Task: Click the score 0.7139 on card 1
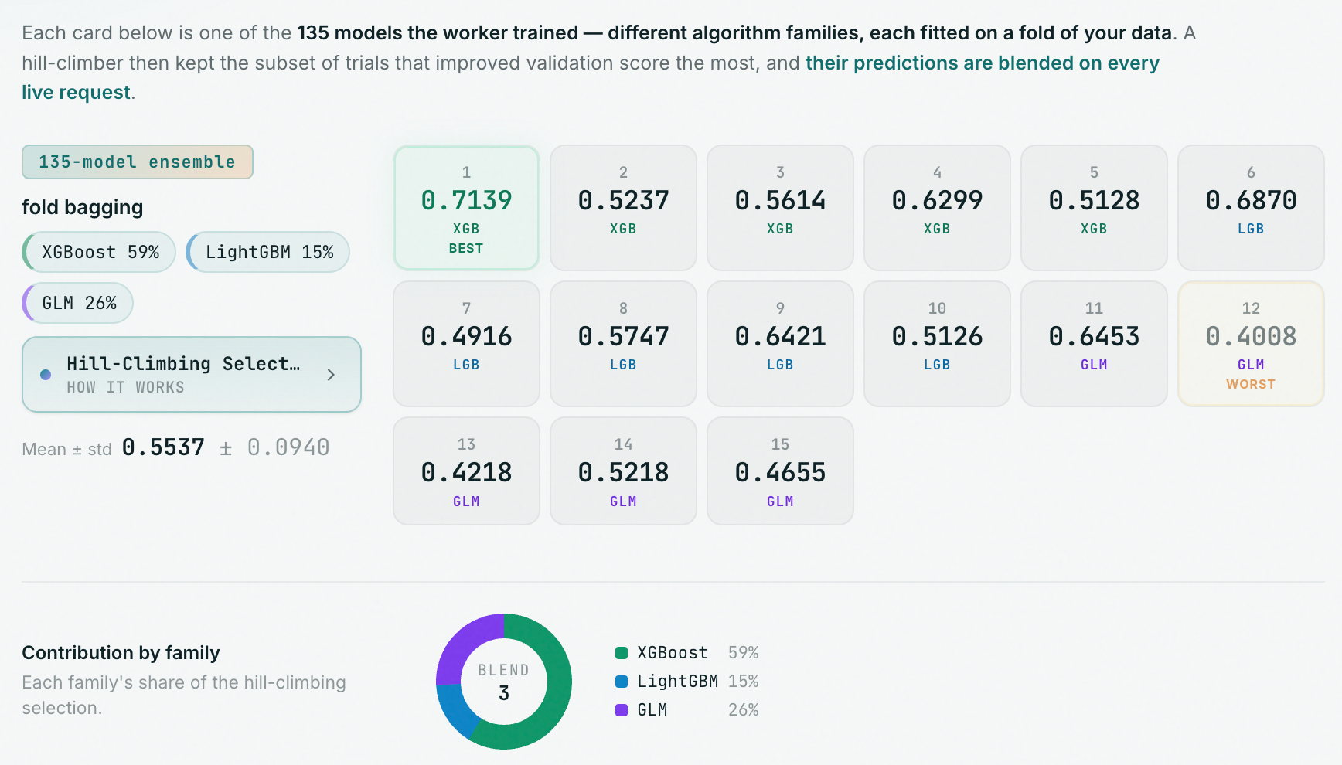(466, 201)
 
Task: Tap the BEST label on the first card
(466, 248)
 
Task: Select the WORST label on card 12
(1251, 384)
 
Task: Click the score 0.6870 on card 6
(1251, 201)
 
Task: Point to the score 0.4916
(466, 337)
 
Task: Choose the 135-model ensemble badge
(138, 161)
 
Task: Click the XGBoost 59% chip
(100, 252)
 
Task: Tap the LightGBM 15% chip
(268, 252)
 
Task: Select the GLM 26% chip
(78, 303)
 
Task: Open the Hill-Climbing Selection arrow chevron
(331, 375)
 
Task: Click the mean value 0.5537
(163, 447)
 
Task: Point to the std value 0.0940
(288, 447)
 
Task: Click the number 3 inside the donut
(504, 693)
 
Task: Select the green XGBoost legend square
(622, 653)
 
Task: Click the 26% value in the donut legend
(744, 709)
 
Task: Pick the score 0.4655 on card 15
(780, 473)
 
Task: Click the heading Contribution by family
(121, 653)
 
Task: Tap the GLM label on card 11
(1094, 365)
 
